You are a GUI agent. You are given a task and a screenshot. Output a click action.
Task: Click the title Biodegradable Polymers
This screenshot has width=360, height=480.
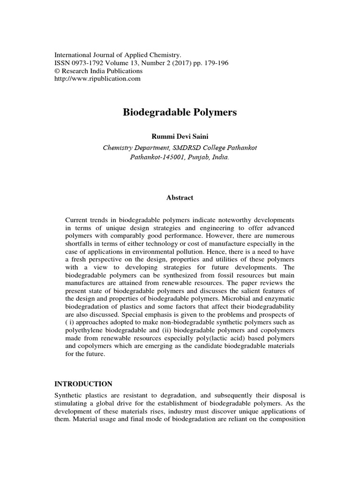(x=180, y=112)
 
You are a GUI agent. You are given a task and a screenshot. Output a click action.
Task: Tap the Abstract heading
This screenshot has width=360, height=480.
(x=180, y=198)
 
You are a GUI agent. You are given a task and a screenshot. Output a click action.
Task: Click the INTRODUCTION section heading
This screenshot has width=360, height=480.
(x=83, y=383)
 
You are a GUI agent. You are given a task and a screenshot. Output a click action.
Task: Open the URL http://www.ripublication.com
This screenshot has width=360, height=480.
(x=98, y=78)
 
